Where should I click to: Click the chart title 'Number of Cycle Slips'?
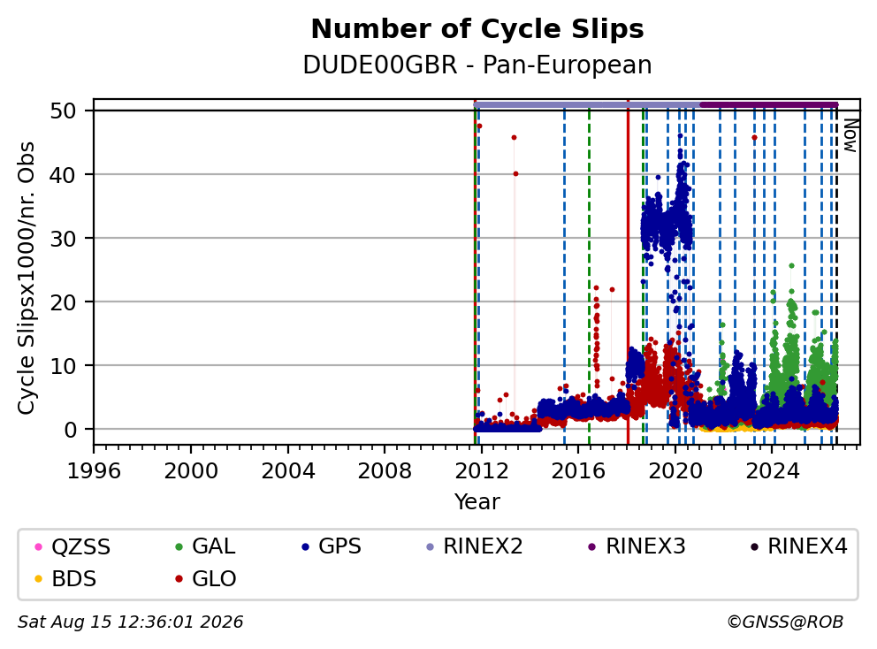(x=477, y=29)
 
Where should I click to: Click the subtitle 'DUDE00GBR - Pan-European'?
(x=477, y=65)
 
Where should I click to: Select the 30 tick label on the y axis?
(x=63, y=239)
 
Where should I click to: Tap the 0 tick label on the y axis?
(x=70, y=430)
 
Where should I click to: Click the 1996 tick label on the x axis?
(x=94, y=471)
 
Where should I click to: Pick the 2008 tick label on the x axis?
(x=385, y=471)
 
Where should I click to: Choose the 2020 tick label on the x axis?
(x=675, y=471)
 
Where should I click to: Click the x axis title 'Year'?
(x=477, y=502)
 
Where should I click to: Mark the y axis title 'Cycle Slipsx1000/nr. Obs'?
(x=27, y=278)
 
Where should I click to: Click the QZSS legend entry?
(x=72, y=546)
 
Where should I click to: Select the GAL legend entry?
(x=205, y=546)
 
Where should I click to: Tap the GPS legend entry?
(x=332, y=546)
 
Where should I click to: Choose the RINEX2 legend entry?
(x=474, y=546)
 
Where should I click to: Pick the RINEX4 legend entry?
(x=799, y=546)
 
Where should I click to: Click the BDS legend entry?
(x=65, y=579)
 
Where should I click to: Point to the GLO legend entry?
(x=205, y=579)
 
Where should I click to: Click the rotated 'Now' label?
(x=850, y=135)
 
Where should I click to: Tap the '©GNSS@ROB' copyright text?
(x=785, y=622)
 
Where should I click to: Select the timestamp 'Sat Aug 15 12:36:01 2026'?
(x=130, y=622)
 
